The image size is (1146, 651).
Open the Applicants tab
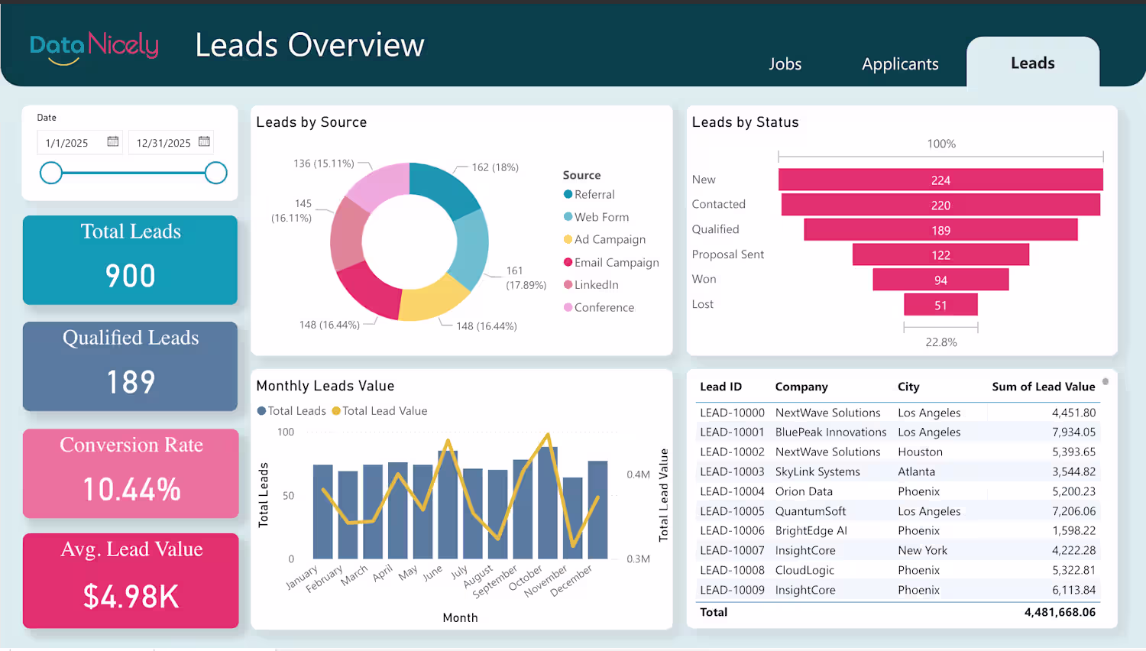click(x=900, y=64)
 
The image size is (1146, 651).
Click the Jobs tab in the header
click(x=785, y=64)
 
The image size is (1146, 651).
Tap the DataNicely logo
click(x=94, y=47)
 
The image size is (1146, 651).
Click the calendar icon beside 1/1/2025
click(x=113, y=141)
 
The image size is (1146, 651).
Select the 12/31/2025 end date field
click(x=163, y=143)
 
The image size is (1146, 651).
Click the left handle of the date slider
click(x=51, y=173)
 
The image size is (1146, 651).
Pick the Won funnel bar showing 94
click(x=940, y=280)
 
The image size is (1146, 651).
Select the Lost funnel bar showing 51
click(x=940, y=305)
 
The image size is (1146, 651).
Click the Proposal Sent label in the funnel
click(x=727, y=254)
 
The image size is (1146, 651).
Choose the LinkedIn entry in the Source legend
click(x=596, y=285)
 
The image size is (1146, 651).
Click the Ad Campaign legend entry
click(x=609, y=240)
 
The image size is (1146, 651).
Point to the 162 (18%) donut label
click(x=495, y=167)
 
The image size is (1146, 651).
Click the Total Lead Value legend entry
click(x=384, y=411)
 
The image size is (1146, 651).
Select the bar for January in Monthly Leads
click(x=323, y=511)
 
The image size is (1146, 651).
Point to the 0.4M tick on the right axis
click(x=638, y=474)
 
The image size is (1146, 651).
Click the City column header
click(x=908, y=387)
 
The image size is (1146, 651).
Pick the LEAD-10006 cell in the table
click(x=732, y=530)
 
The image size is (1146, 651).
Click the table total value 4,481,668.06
click(x=1060, y=612)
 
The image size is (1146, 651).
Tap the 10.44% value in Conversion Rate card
click(x=131, y=490)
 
